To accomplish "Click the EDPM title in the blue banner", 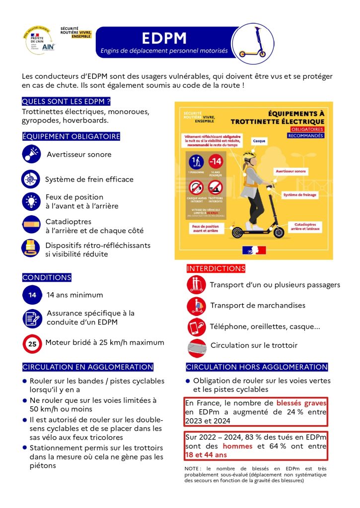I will (164, 39).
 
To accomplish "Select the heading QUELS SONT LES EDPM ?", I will (66, 102).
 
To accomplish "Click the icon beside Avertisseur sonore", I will (32, 154).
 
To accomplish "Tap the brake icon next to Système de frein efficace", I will (31, 179).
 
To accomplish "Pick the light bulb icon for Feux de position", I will (31, 201).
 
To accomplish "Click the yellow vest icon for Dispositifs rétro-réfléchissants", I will (31, 248).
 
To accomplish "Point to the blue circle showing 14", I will (32, 295).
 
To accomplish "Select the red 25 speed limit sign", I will (32, 343).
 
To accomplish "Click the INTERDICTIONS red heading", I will (216, 268).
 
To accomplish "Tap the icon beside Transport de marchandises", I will (196, 306).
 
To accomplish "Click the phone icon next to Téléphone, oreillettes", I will (196, 327).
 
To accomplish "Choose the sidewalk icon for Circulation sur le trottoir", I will (197, 348).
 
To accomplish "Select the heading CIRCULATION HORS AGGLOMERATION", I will (257, 367).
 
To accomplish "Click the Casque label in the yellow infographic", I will (259, 141).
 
